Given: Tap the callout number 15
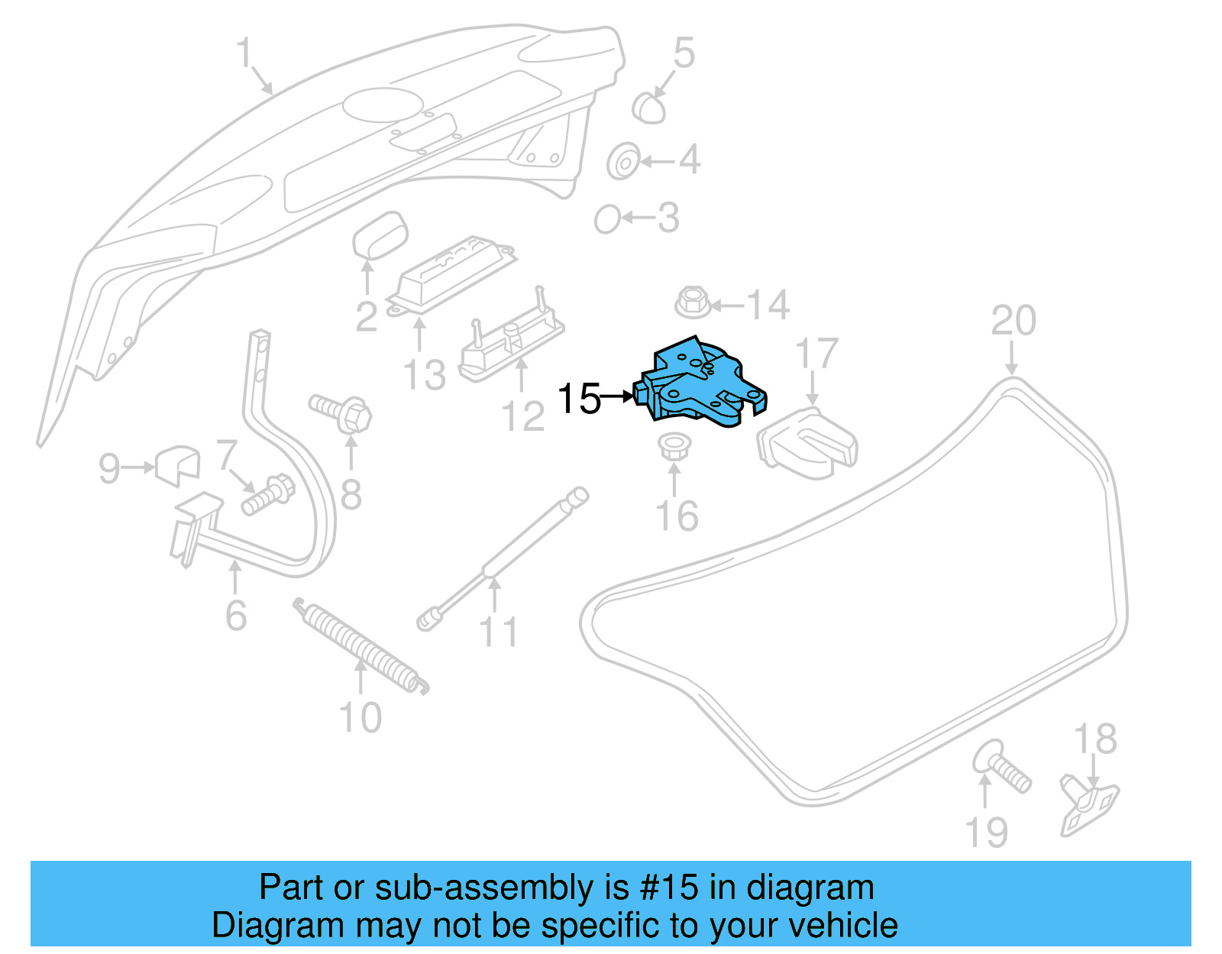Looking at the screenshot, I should click(x=579, y=399).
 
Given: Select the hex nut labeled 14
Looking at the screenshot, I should click(x=692, y=302).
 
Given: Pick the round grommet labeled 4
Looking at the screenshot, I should click(x=623, y=161).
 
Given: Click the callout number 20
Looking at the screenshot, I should click(x=1013, y=321).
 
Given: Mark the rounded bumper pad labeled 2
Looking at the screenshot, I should click(x=380, y=235).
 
